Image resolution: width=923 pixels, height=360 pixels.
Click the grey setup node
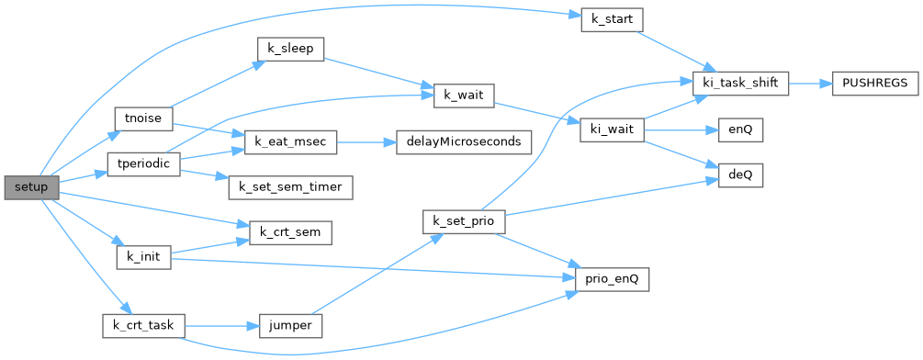pyautogui.click(x=32, y=187)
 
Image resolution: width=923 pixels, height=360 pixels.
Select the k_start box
pyautogui.click(x=612, y=20)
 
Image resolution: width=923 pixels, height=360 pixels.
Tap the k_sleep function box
pyautogui.click(x=291, y=50)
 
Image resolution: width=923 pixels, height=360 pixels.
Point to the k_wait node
pyautogui.click(x=464, y=96)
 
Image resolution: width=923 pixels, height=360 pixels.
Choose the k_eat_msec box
pyautogui.click(x=290, y=142)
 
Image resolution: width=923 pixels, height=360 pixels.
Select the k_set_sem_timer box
pyautogui.click(x=291, y=187)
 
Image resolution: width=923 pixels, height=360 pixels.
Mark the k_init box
pyautogui.click(x=143, y=257)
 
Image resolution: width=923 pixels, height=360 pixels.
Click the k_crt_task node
pyautogui.click(x=143, y=325)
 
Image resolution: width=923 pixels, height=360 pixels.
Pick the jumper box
pyautogui.click(x=291, y=325)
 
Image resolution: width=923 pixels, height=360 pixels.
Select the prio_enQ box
pyautogui.click(x=613, y=279)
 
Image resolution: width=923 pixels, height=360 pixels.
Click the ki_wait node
pyautogui.click(x=613, y=129)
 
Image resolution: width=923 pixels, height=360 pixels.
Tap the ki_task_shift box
pyautogui.click(x=740, y=84)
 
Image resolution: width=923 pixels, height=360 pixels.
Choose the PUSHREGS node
pyautogui.click(x=875, y=84)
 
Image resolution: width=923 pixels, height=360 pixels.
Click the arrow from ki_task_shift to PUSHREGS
pyautogui.click(x=810, y=84)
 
